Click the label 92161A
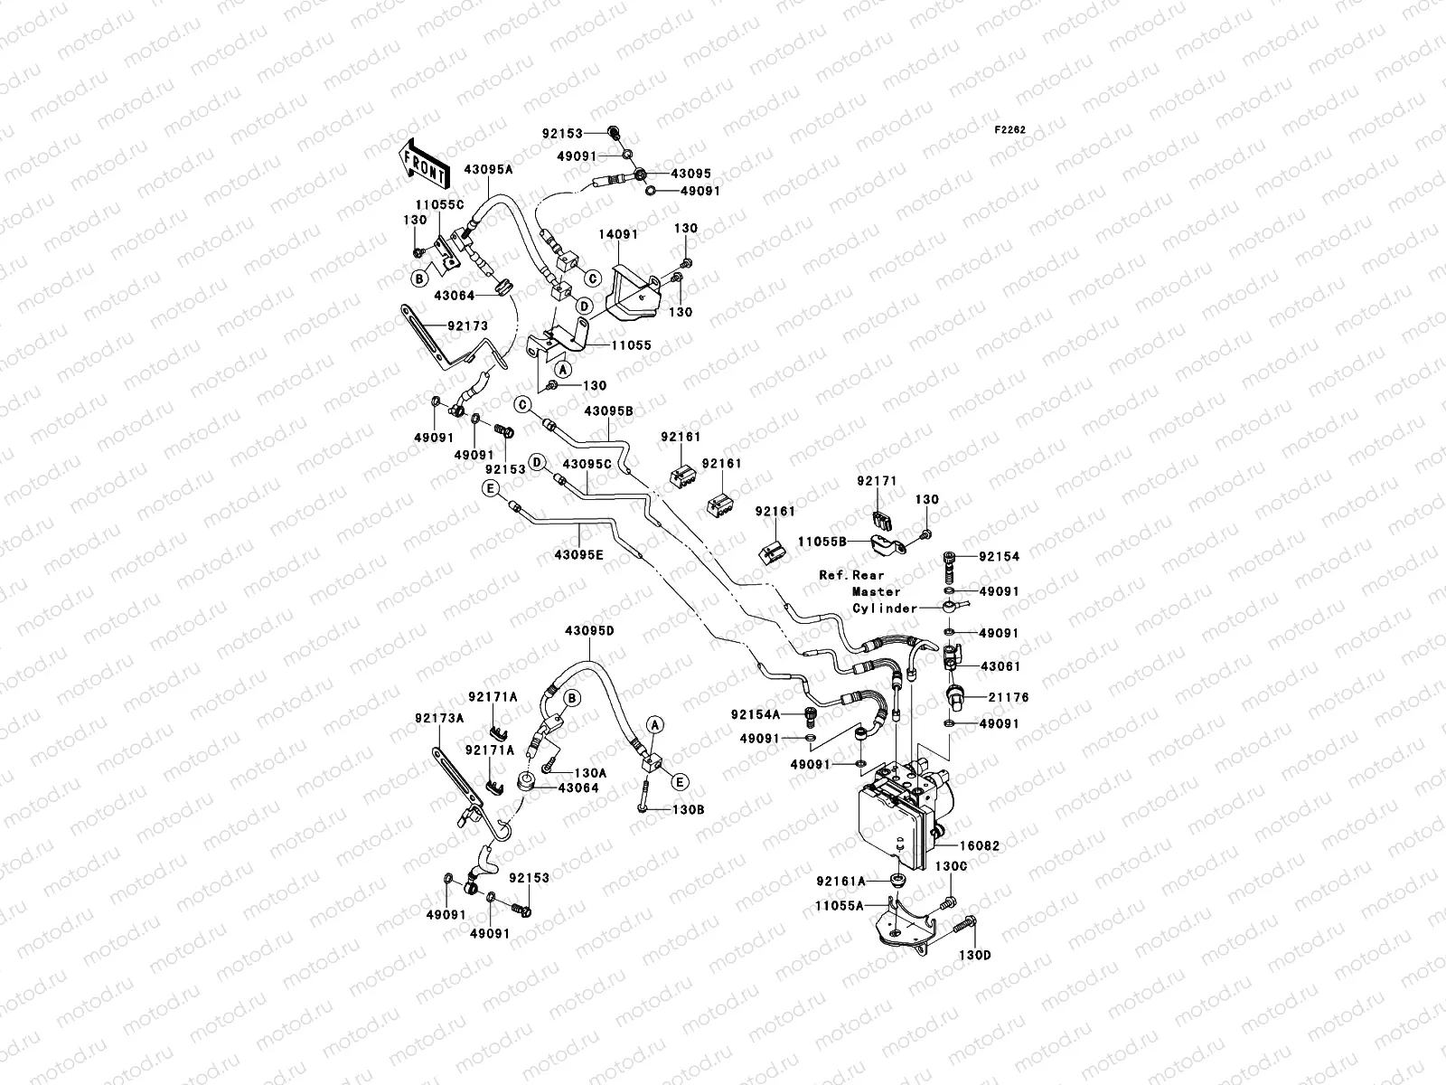coord(840,881)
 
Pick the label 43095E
coord(578,555)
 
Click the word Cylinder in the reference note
coord(885,609)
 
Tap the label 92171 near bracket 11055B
coord(877,482)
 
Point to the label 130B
coord(689,810)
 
